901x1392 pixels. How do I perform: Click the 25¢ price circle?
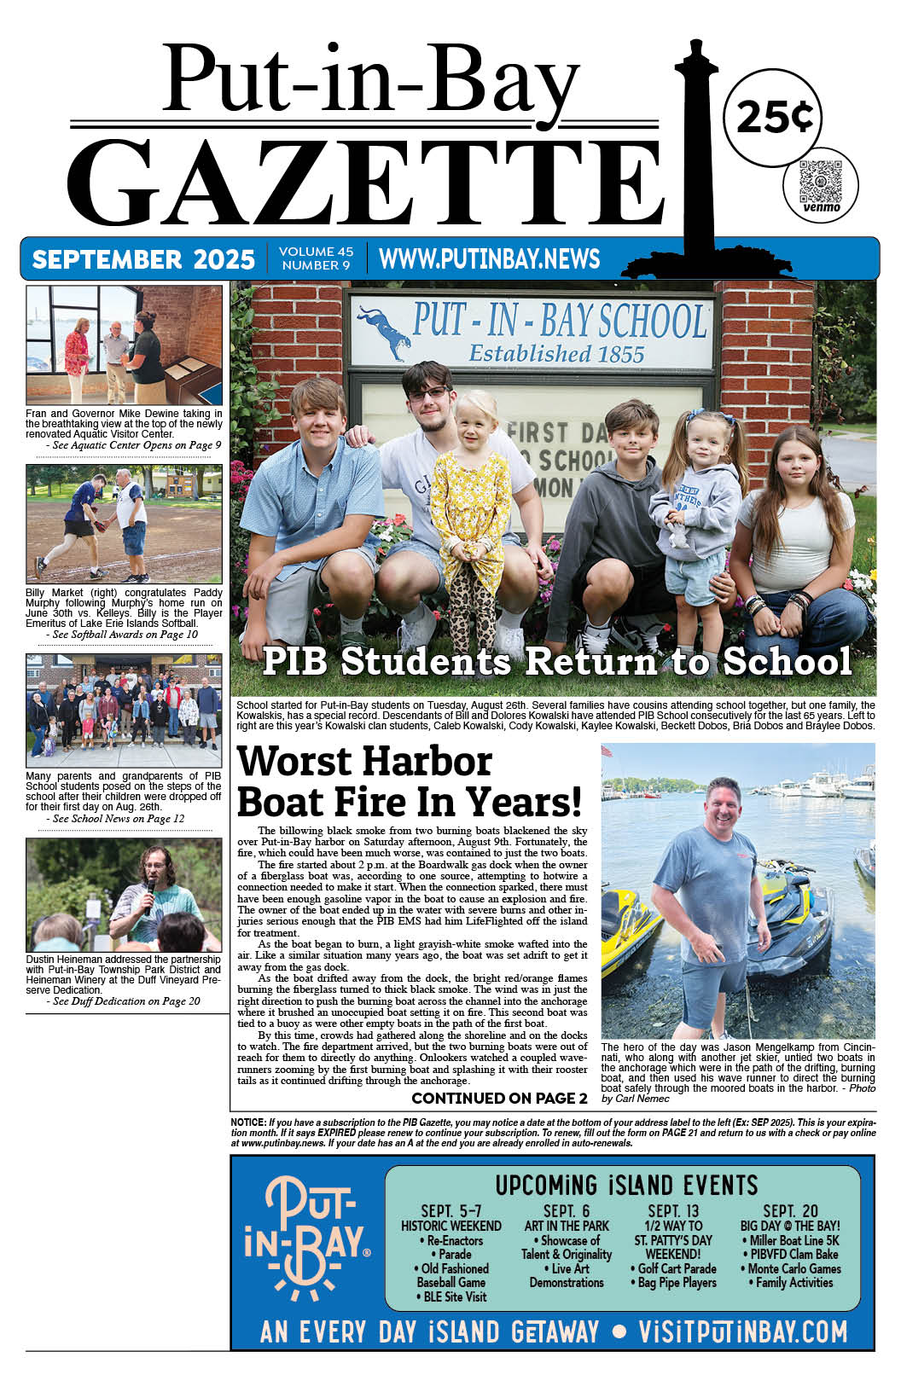point(772,116)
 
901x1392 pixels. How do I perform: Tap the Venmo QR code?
point(820,180)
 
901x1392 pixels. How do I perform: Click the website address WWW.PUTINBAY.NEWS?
point(489,258)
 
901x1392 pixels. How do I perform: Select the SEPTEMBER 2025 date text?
point(143,259)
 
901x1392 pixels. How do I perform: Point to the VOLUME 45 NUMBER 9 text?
point(316,258)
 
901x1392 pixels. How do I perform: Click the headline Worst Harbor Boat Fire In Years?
point(409,781)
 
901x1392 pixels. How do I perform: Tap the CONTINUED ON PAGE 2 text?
point(499,1098)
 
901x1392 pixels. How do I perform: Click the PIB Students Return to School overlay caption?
point(556,662)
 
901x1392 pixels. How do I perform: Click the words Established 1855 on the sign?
point(556,353)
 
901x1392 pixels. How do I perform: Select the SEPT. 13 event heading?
point(673,1211)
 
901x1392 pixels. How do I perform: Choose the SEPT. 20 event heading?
point(790,1211)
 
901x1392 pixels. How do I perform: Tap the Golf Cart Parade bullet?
point(673,1268)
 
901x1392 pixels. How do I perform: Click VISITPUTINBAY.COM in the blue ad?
point(742,1331)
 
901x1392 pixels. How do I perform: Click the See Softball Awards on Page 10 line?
point(125,635)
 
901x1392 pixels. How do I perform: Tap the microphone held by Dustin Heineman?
point(151,892)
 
